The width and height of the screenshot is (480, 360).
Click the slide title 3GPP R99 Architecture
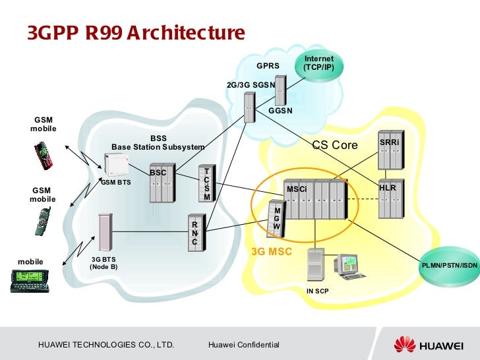click(x=136, y=32)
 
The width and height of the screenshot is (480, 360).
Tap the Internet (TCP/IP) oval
click(x=318, y=63)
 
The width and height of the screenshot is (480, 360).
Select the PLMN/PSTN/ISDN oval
click(x=450, y=265)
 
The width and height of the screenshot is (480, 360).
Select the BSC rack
click(x=160, y=183)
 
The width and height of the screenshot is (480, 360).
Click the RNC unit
click(x=195, y=231)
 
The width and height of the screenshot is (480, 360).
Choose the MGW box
click(x=276, y=220)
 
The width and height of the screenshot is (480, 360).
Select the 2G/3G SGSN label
click(x=251, y=85)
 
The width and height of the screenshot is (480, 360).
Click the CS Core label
click(x=334, y=144)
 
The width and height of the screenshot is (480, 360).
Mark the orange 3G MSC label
click(x=272, y=252)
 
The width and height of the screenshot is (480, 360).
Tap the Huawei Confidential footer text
click(x=243, y=345)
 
